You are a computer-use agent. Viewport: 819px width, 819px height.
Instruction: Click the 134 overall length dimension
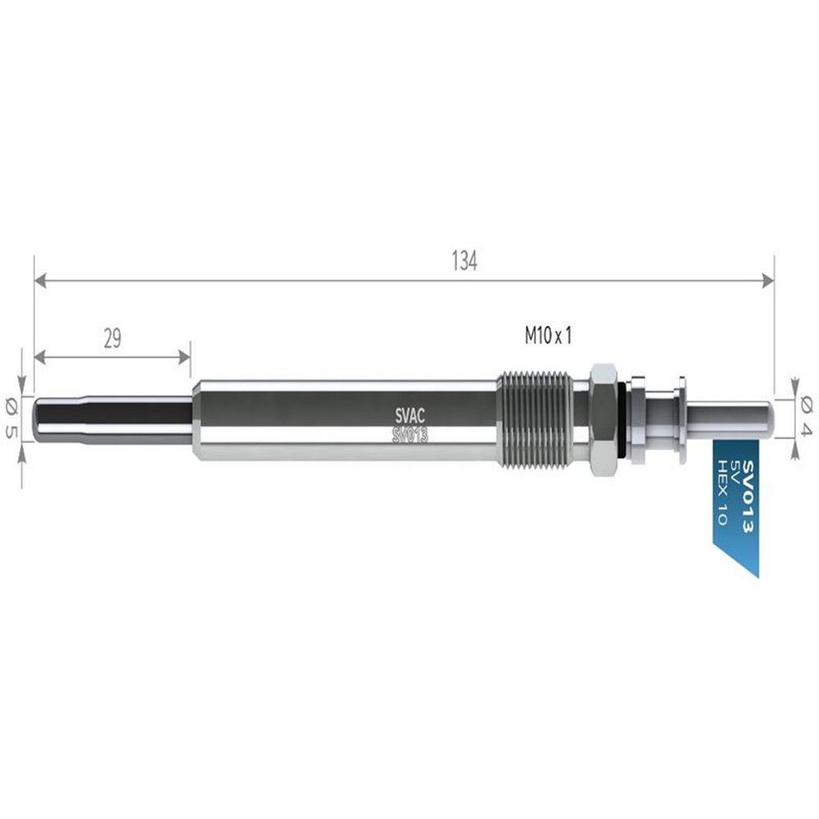click(464, 261)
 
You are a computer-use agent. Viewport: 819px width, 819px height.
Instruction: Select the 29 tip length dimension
click(112, 338)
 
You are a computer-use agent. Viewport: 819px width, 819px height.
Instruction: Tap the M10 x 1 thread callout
click(548, 336)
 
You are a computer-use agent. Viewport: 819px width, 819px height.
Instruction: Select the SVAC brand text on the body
click(410, 416)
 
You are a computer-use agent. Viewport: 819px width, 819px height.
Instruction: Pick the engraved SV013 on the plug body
click(410, 435)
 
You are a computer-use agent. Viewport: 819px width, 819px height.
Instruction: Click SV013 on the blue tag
click(748, 496)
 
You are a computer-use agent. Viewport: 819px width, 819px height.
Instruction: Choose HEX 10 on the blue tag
click(723, 492)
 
